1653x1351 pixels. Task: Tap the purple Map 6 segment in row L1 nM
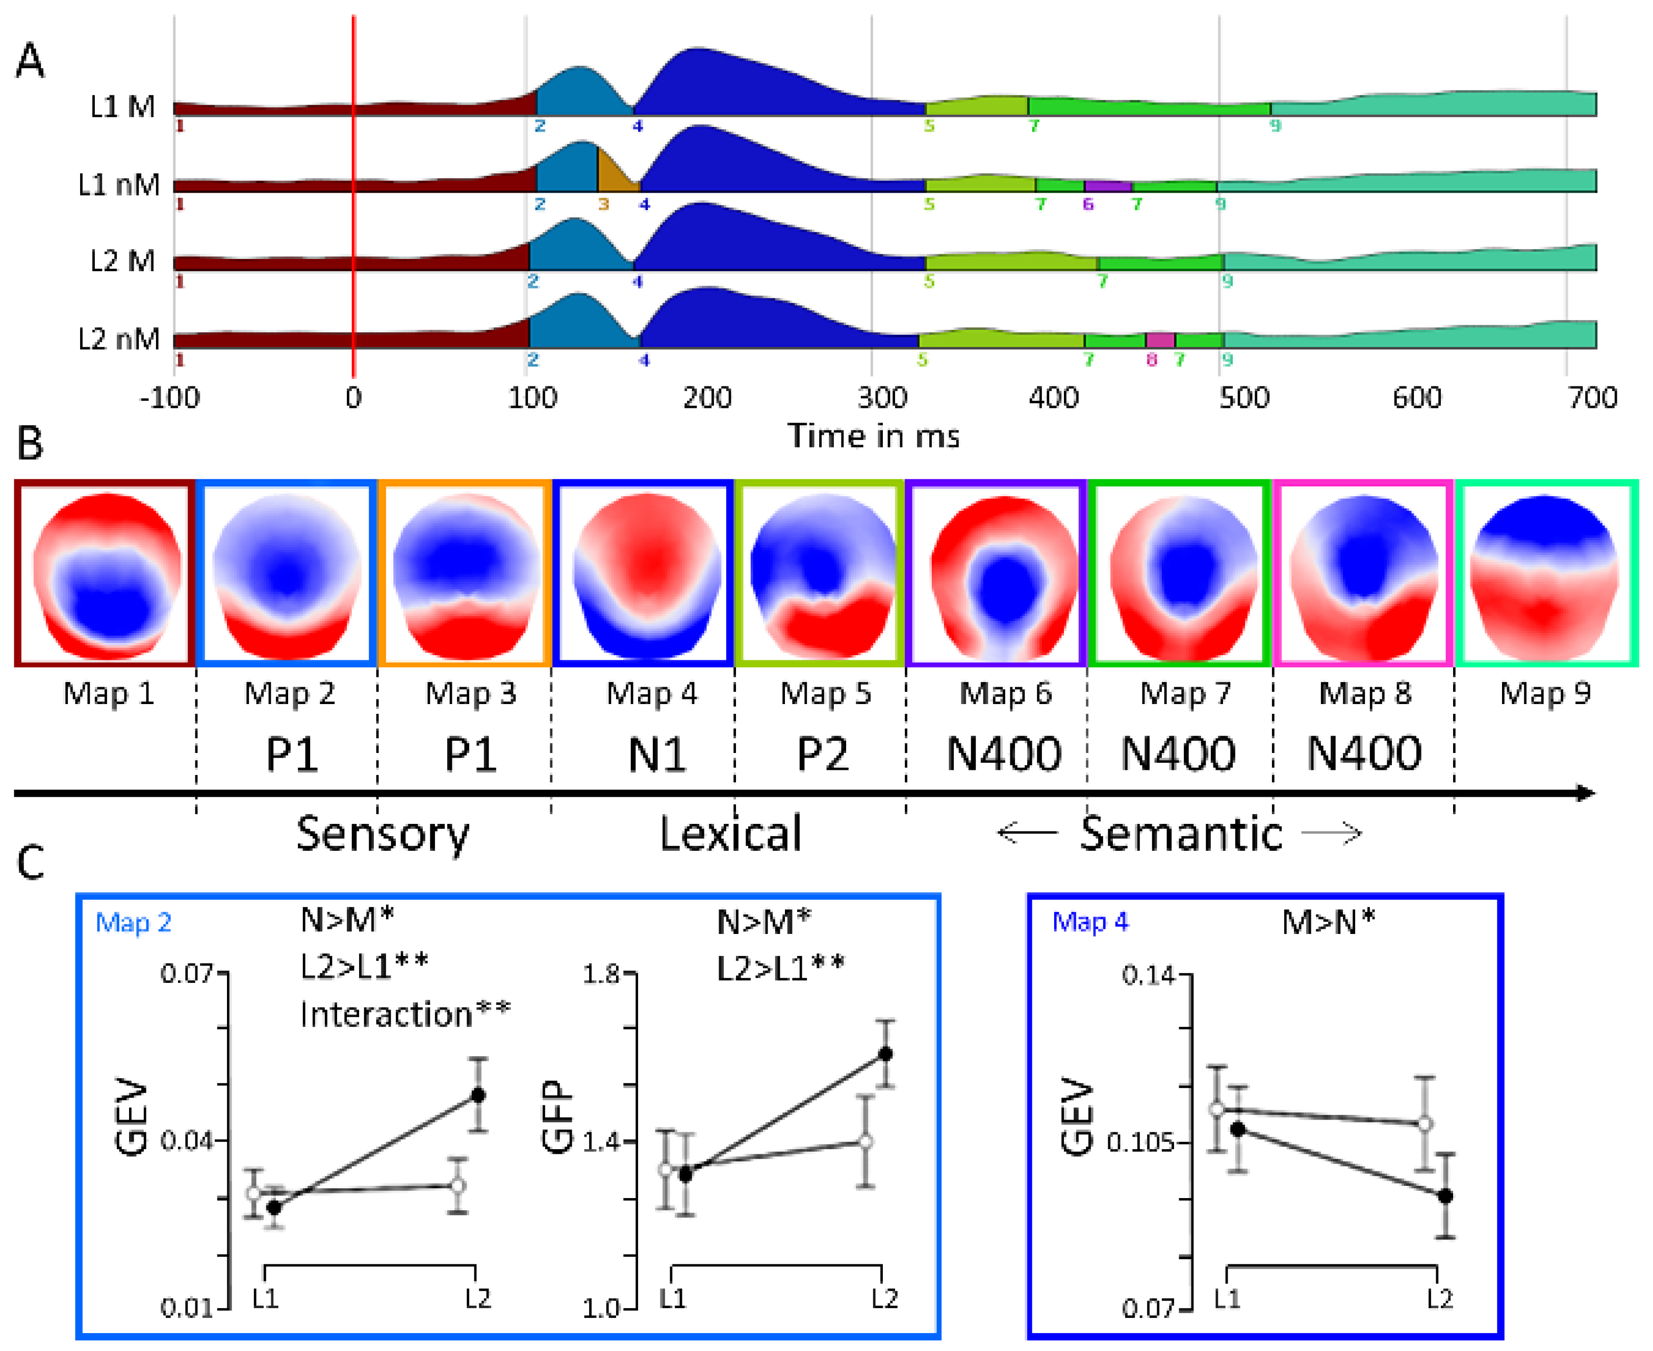coord(1107,186)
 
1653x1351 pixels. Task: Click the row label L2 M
coord(122,261)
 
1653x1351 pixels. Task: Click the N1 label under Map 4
coord(656,754)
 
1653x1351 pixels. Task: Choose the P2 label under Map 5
coord(823,754)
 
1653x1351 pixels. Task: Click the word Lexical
coord(730,834)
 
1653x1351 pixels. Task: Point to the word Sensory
coord(383,834)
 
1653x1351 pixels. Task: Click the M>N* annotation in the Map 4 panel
coord(1328,922)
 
